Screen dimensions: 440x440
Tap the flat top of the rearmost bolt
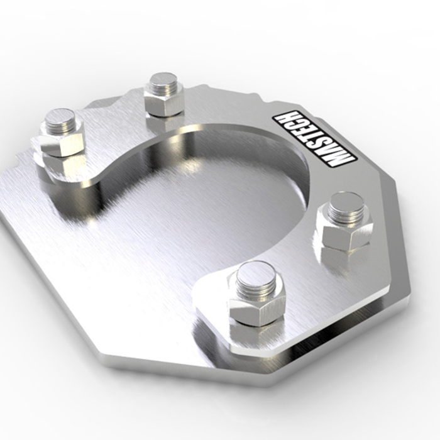[163, 80]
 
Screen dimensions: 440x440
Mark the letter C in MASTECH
[295, 126]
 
